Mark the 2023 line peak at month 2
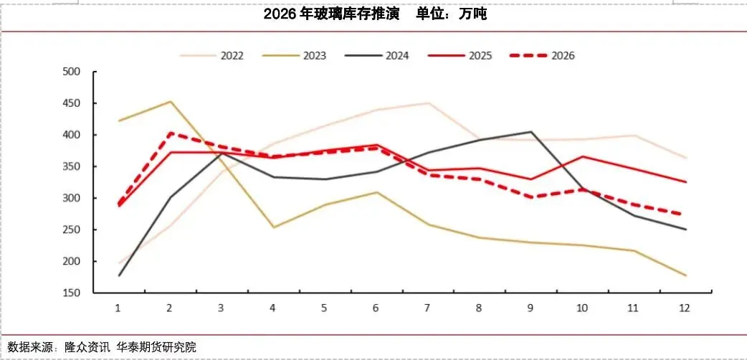point(170,101)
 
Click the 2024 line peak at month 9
point(531,132)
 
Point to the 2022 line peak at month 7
point(428,103)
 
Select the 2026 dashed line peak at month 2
point(170,133)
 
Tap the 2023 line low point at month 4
point(273,227)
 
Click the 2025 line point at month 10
point(583,156)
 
